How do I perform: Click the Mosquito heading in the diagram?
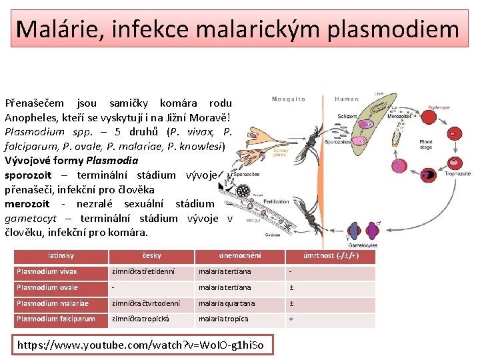pyautogui.click(x=289, y=99)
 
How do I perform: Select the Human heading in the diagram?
pyautogui.click(x=346, y=99)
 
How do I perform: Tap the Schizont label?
pyautogui.click(x=347, y=117)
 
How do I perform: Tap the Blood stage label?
pyautogui.click(x=425, y=145)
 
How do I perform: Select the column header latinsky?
pyautogui.click(x=61, y=256)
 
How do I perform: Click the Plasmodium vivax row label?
pyautogui.click(x=47, y=272)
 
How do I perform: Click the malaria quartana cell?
pyautogui.click(x=227, y=303)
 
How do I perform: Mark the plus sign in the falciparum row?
pyautogui.click(x=291, y=319)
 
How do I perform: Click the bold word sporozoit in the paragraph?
pyautogui.click(x=28, y=175)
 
